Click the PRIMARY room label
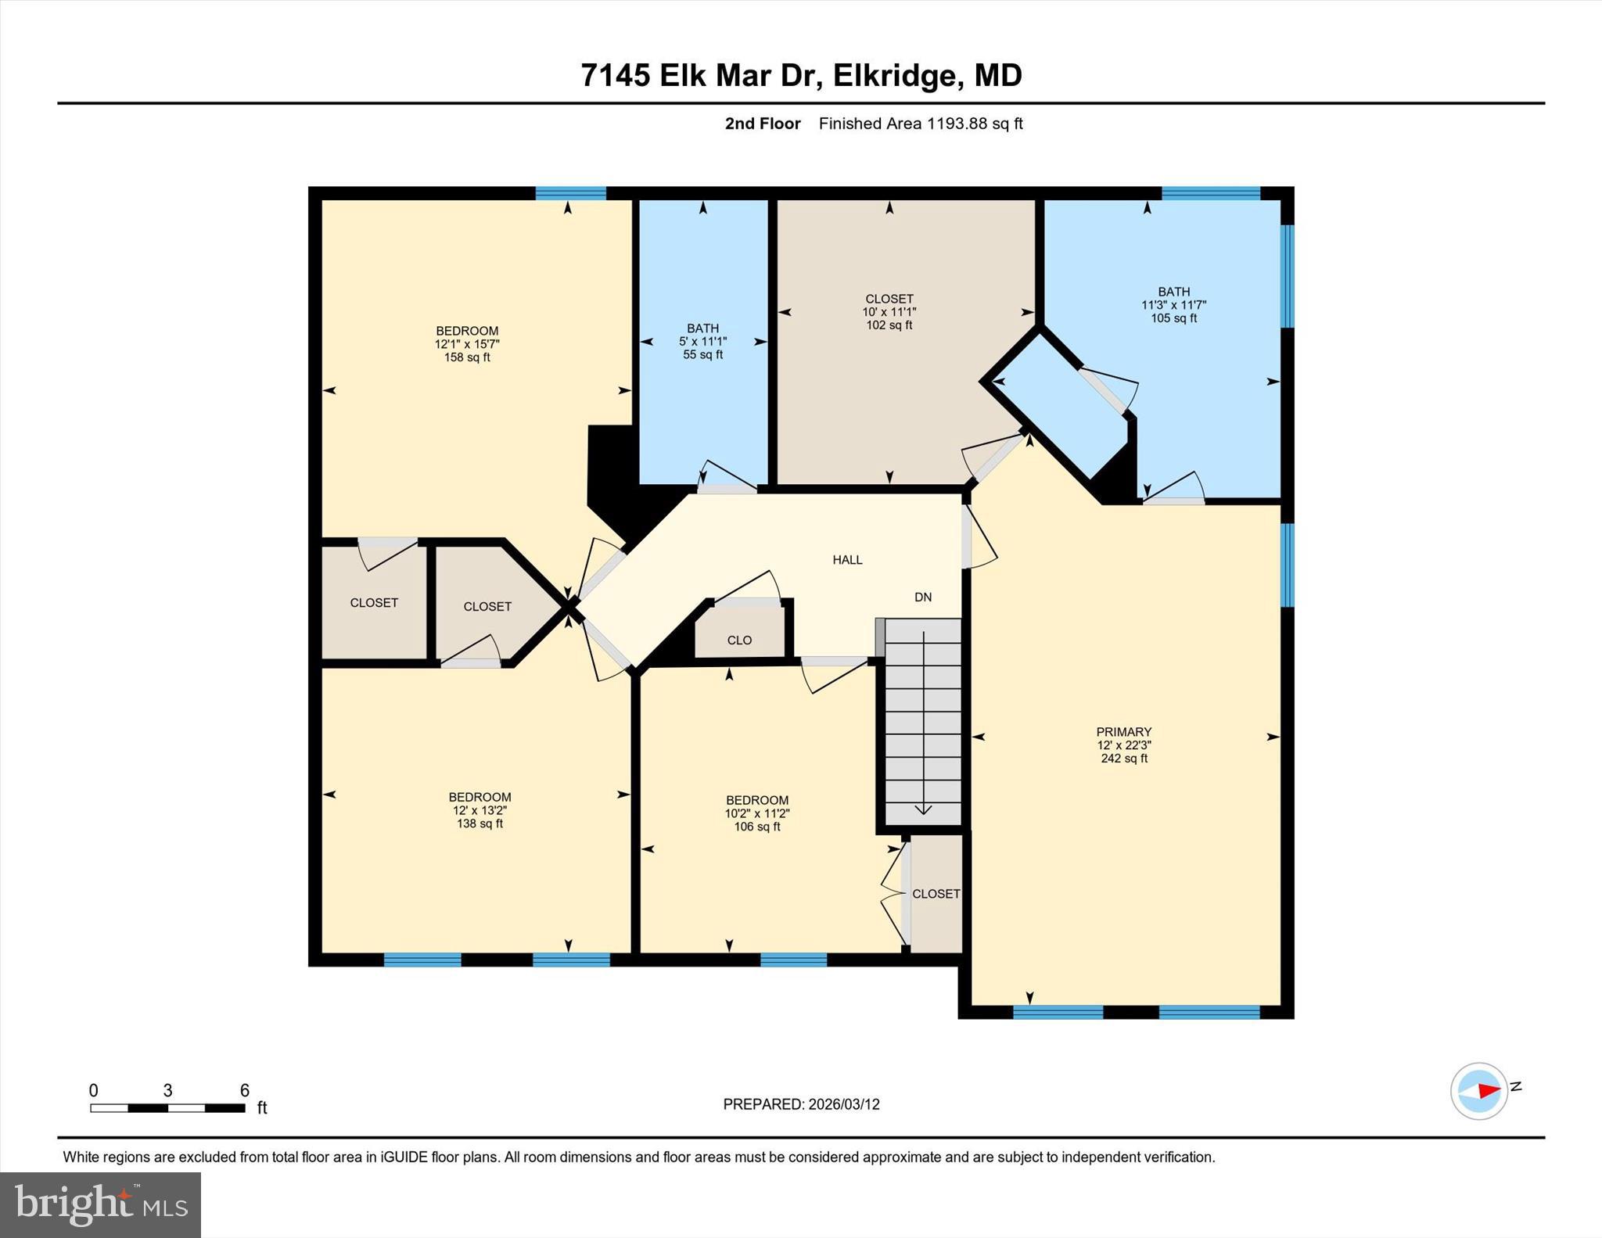point(1123,732)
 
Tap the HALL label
point(847,560)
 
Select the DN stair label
point(923,597)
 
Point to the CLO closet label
point(739,641)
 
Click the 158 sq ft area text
point(467,357)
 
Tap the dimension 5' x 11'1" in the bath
point(702,342)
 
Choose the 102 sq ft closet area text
point(889,325)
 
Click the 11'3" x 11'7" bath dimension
point(1173,305)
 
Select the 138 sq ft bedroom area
point(480,824)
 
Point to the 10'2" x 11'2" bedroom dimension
point(756,813)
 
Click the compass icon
point(1478,1091)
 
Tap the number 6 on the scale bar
point(244,1090)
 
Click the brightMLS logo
point(100,1204)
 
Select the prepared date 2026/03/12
point(843,1104)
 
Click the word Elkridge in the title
point(893,76)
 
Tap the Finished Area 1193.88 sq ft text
point(921,124)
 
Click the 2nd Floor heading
point(762,124)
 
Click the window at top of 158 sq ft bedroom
point(570,193)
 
